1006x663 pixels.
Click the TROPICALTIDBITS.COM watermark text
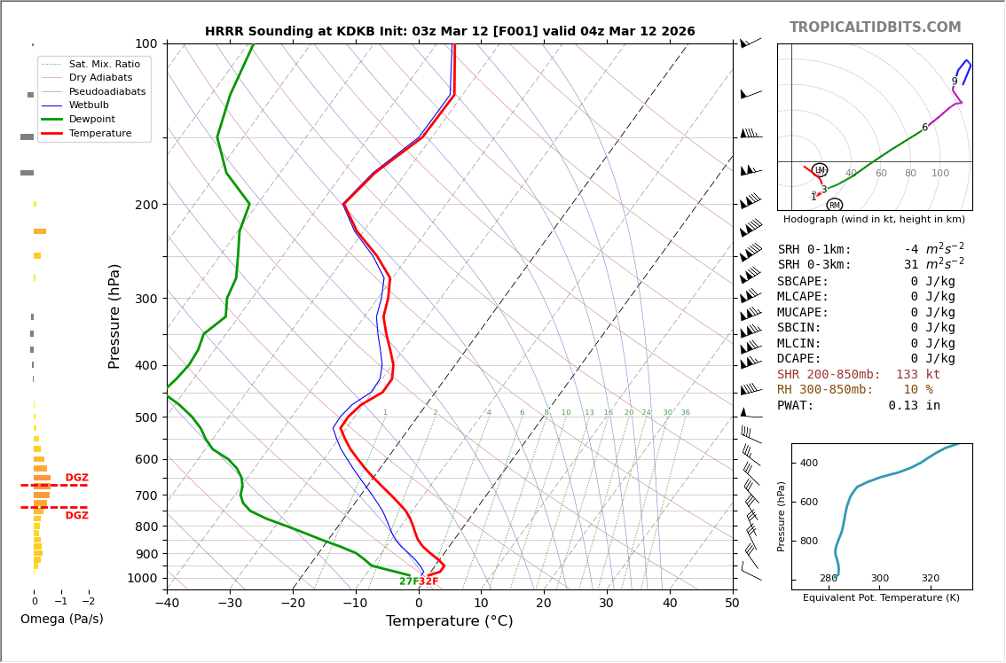click(875, 27)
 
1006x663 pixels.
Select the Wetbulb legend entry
click(89, 105)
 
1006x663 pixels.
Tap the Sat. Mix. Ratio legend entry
click(104, 64)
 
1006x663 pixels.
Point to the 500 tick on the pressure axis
click(146, 418)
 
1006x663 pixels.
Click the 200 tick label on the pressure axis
click(146, 205)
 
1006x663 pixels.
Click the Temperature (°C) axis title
click(449, 622)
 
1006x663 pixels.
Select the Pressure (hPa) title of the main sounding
click(115, 316)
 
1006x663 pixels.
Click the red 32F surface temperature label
click(428, 581)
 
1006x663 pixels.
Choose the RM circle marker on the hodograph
click(834, 205)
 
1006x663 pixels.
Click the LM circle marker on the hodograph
click(820, 170)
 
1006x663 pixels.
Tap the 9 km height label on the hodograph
click(955, 82)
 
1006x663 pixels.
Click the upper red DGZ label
click(77, 478)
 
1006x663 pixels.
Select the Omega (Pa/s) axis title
click(62, 620)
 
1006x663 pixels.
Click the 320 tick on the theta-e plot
click(930, 579)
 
